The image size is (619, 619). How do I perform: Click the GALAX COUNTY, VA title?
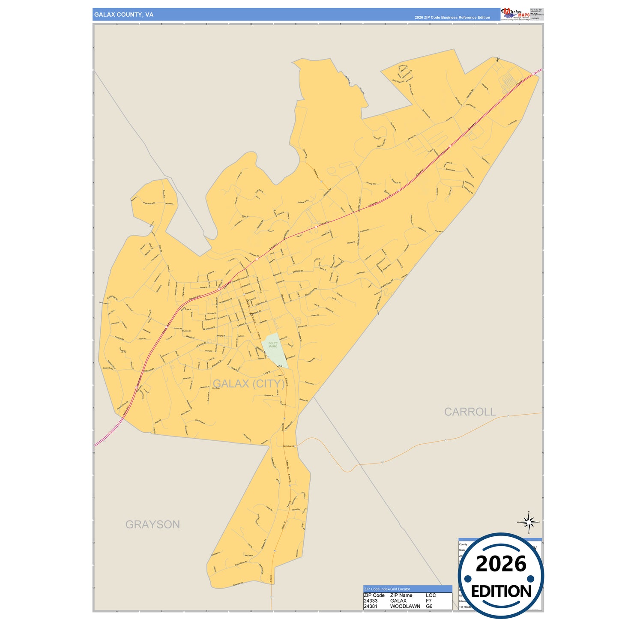point(123,15)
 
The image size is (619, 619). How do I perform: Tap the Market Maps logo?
point(515,14)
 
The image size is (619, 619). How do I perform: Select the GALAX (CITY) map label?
point(248,383)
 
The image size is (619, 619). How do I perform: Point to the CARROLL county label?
point(469,412)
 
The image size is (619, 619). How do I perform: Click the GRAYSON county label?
point(153,524)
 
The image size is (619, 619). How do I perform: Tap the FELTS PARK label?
point(273,344)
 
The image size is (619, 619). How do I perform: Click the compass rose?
point(529,523)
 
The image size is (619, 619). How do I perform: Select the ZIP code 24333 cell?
point(371,601)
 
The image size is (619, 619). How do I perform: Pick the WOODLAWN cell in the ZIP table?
point(405,606)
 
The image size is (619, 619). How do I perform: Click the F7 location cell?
point(429,601)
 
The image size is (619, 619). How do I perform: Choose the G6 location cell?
point(429,606)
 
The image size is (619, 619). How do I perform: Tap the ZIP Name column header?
point(401,595)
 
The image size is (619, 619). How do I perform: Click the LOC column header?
point(431,595)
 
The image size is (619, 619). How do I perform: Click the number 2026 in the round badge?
point(501,564)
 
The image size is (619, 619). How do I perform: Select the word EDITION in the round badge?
point(501,592)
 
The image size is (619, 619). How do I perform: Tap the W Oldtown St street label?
point(209,328)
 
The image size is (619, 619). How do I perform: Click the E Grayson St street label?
point(260,303)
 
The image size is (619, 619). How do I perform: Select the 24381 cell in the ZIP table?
point(371,606)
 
